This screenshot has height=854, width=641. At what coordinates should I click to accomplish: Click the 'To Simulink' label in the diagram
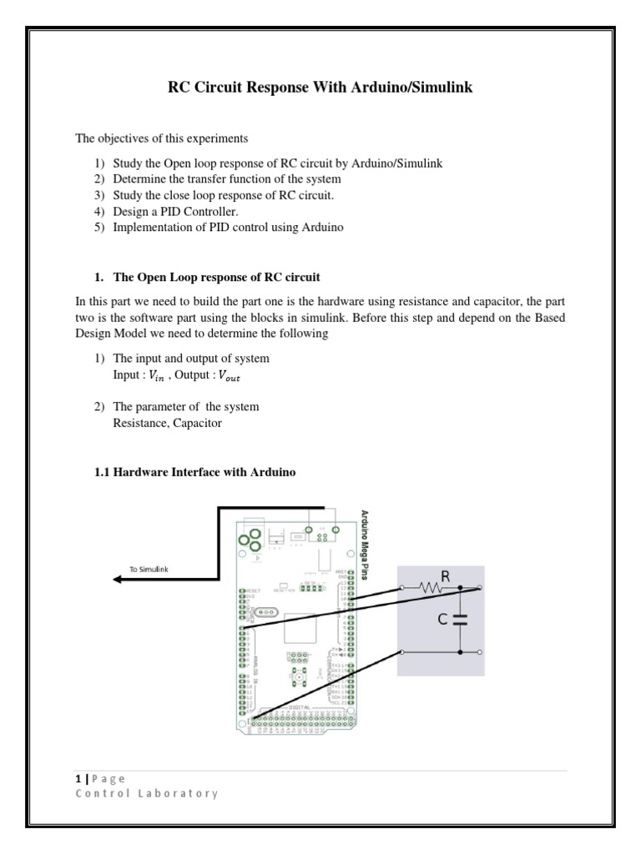[x=149, y=569]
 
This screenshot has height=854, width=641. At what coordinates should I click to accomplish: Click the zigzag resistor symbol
[x=432, y=589]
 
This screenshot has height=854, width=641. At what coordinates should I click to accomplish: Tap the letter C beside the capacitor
[x=443, y=620]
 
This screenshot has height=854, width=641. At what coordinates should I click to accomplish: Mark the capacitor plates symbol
[x=460, y=620]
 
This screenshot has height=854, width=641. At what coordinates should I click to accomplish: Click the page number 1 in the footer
[x=75, y=778]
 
